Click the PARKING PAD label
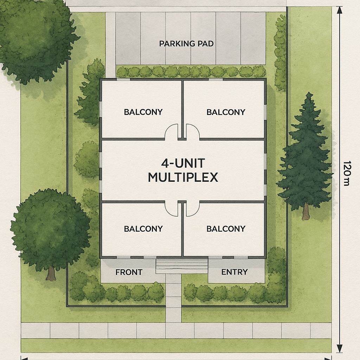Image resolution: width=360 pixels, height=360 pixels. coord(186,44)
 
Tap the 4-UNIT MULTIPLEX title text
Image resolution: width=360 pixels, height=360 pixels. coord(183,170)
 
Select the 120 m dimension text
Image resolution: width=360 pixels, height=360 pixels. coord(346,173)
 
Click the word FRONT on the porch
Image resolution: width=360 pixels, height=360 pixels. coord(129,272)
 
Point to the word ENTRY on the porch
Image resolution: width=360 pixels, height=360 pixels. coord(234,272)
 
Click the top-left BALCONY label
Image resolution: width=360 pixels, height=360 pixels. coord(143,112)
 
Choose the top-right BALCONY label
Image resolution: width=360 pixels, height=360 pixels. coord(226,112)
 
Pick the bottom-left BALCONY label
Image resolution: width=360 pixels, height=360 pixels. coord(143,229)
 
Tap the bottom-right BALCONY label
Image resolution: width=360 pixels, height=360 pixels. coord(226,229)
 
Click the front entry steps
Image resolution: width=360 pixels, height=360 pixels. coord(182,266)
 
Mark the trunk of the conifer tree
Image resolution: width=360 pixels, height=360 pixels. coord(306,211)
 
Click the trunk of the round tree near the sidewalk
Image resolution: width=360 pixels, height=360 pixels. coord(51,273)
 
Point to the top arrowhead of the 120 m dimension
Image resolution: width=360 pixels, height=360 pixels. coord(340,10)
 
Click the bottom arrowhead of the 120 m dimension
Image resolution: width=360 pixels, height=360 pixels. coord(340,348)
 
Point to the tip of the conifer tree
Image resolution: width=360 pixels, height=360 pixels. coord(309,92)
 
